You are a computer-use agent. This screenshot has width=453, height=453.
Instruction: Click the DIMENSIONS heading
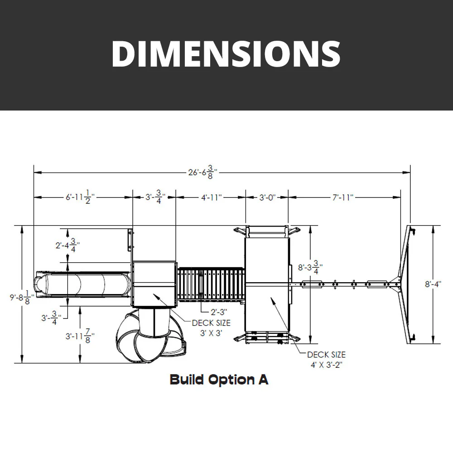point(226,53)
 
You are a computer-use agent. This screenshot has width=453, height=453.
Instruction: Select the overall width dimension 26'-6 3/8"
point(202,172)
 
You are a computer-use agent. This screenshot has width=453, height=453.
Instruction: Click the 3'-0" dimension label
point(267,198)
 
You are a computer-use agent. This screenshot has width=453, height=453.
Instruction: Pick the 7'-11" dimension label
point(342,198)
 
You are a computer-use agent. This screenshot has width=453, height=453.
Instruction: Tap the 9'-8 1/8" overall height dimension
point(21,297)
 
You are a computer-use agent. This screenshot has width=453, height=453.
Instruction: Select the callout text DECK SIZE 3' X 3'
point(211,328)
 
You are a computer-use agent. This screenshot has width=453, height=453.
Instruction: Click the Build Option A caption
point(219,380)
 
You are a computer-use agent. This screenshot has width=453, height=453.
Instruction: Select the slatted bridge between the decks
point(211,284)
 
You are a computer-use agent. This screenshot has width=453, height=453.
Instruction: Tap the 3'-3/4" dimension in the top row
point(154,198)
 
